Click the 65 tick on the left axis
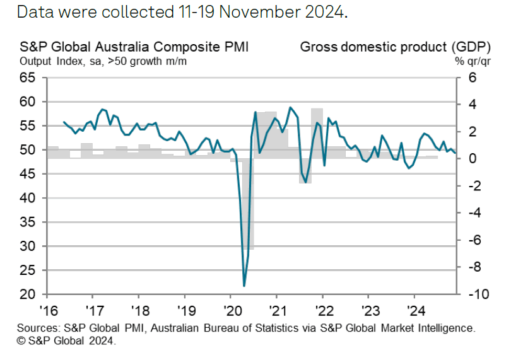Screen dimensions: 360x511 [28, 78]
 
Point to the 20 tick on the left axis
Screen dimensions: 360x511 [28, 294]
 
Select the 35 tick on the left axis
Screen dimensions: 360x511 [28, 222]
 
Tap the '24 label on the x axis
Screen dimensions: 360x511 [414, 310]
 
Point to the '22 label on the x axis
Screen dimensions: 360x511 [322, 310]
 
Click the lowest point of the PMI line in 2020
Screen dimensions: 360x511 [244, 285]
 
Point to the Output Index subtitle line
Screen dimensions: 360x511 [103, 62]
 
